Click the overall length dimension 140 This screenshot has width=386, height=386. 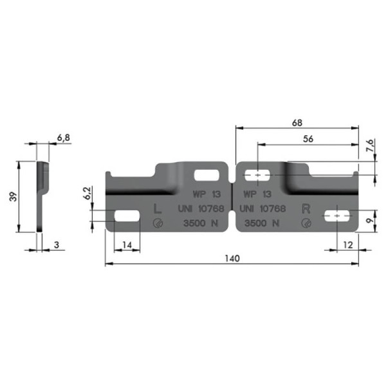pos(232,259)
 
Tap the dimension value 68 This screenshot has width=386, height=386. pos(297,123)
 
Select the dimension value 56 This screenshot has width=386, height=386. pos(308,139)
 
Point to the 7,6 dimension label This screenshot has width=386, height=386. pos(370,145)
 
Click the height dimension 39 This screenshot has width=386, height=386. pos(14,196)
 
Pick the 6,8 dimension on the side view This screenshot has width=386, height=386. pos(64,138)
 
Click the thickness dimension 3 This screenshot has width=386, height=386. pos(57,245)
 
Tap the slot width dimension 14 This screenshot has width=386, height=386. pos(127,245)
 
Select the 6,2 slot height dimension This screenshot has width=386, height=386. pos(87,193)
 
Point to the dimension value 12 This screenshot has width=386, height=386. pos(348,245)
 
